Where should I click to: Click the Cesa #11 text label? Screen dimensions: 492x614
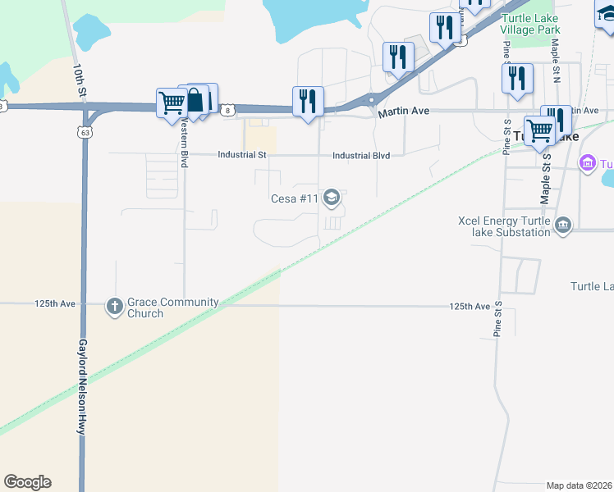point(295,198)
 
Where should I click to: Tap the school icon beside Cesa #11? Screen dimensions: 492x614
point(332,197)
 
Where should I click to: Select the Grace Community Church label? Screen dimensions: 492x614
point(172,307)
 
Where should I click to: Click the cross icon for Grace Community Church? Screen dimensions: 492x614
point(114,307)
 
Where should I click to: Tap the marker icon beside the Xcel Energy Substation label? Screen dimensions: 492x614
point(562,225)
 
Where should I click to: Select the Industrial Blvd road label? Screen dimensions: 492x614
point(367,155)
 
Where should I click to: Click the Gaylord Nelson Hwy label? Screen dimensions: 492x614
point(82,385)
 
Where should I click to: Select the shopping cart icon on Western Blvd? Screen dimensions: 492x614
point(172,103)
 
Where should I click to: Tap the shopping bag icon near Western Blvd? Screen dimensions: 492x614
point(195,100)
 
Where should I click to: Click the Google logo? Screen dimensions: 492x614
point(27,482)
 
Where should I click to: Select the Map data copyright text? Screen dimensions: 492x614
point(580,485)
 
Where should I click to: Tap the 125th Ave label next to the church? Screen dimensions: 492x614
point(55,304)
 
